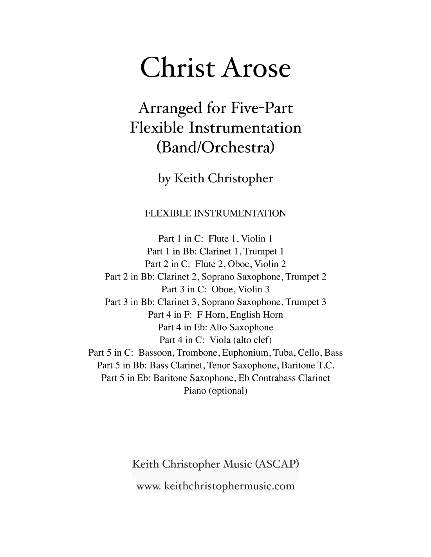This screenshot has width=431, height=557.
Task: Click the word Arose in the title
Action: click(x=257, y=68)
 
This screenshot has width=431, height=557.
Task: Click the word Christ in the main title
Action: click(x=178, y=68)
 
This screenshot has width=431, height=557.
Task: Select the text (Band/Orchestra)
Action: click(x=215, y=148)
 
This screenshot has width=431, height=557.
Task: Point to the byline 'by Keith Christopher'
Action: click(x=215, y=178)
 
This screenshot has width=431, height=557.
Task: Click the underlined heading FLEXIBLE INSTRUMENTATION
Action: click(x=215, y=213)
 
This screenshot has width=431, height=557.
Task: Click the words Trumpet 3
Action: click(x=306, y=302)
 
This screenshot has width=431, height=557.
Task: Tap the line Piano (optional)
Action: click(x=215, y=390)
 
